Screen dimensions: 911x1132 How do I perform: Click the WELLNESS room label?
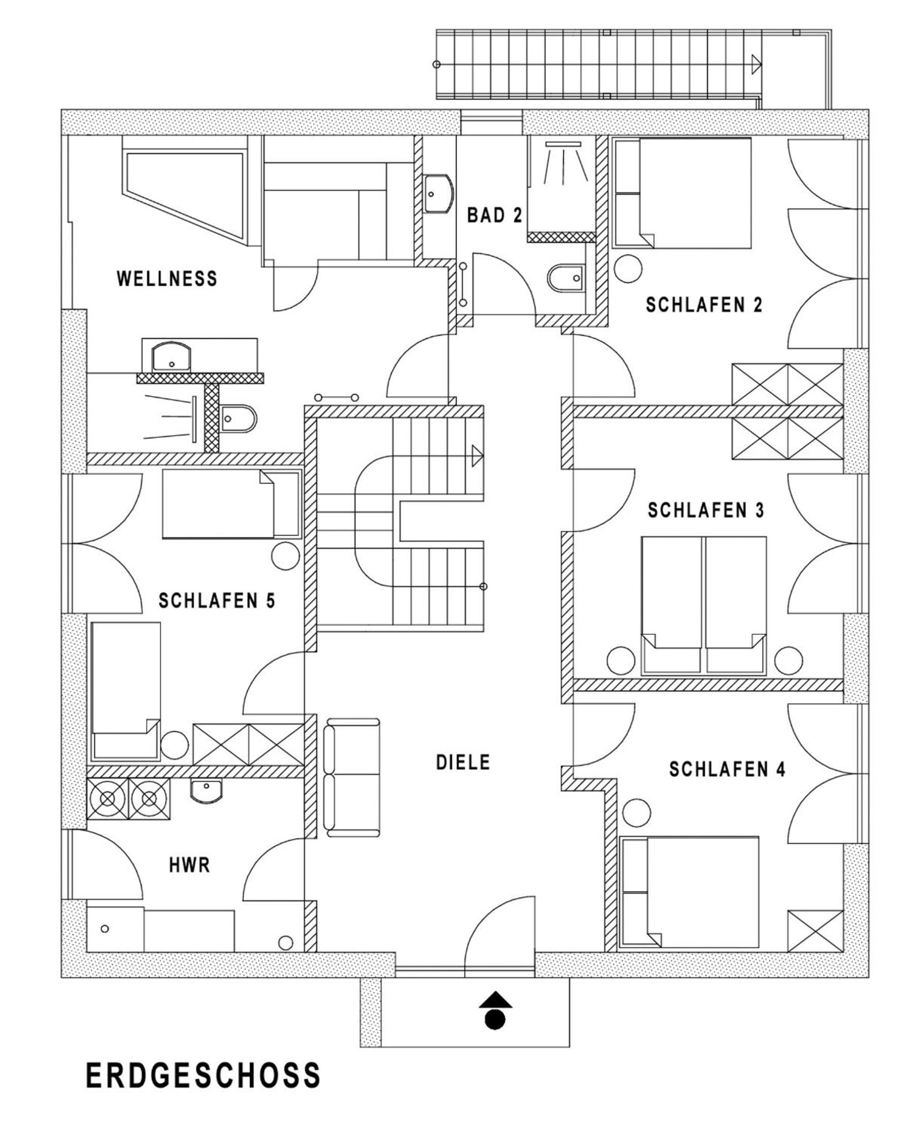click(167, 278)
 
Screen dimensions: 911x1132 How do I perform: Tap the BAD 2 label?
click(495, 215)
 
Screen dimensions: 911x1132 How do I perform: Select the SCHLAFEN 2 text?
click(704, 305)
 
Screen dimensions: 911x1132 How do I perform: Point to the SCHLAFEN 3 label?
click(706, 510)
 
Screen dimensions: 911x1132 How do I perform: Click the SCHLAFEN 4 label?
click(727, 770)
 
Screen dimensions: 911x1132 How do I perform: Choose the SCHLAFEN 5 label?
click(217, 601)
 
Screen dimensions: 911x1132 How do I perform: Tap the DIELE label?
click(463, 762)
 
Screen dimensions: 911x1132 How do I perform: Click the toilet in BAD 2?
click(566, 277)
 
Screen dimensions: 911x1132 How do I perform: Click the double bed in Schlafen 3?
click(704, 605)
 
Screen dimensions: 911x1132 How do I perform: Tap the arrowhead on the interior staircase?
click(477, 456)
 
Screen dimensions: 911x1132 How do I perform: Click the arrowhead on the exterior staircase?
click(757, 64)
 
